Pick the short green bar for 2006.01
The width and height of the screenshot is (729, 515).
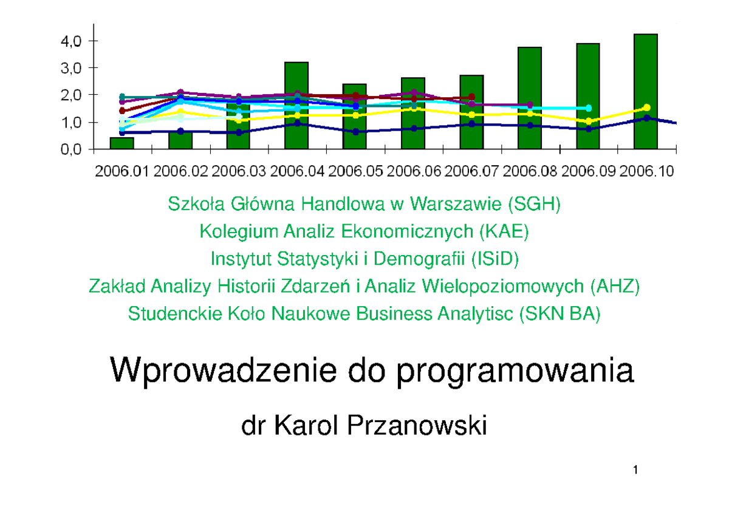pyautogui.click(x=122, y=143)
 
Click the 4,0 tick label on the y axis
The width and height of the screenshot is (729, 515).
pyautogui.click(x=66, y=41)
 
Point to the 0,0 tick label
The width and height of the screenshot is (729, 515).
pyautogui.click(x=66, y=150)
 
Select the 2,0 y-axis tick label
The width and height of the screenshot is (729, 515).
pyautogui.click(x=66, y=95)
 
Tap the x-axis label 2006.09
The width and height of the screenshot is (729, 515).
pyautogui.click(x=588, y=172)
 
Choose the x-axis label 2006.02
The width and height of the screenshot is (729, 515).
pyautogui.click(x=181, y=172)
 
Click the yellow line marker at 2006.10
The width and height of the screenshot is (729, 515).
pyautogui.click(x=647, y=107)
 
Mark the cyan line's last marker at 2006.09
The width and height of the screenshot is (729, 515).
pyautogui.click(x=588, y=108)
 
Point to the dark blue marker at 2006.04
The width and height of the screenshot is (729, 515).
pyautogui.click(x=296, y=123)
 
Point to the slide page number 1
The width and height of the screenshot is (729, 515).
pyautogui.click(x=635, y=469)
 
